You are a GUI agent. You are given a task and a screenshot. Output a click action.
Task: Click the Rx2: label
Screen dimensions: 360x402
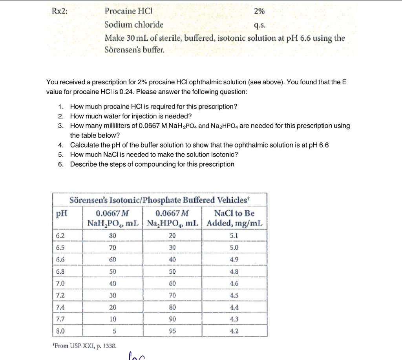pyautogui.click(x=60, y=11)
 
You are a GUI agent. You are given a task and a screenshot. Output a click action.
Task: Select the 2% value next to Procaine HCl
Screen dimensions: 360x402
pyautogui.click(x=259, y=11)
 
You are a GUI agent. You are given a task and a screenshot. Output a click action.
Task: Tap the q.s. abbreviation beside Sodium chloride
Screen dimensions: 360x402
pyautogui.click(x=259, y=26)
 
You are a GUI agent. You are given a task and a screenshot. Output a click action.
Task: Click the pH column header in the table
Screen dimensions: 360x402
pyautogui.click(x=61, y=213)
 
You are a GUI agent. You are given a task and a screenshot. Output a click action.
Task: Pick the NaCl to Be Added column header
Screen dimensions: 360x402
pyautogui.click(x=234, y=218)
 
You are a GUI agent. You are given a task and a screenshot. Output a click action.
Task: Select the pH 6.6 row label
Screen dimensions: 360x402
pyautogui.click(x=60, y=260)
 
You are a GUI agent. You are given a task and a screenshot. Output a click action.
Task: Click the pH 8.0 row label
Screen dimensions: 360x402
pyautogui.click(x=60, y=331)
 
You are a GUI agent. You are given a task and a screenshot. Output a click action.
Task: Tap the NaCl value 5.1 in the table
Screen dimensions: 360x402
pyautogui.click(x=234, y=236)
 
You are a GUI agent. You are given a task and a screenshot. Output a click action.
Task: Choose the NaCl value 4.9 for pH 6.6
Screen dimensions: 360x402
pyautogui.click(x=234, y=260)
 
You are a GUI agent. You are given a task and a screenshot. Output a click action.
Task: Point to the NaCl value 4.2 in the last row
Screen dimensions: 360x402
pyautogui.click(x=234, y=331)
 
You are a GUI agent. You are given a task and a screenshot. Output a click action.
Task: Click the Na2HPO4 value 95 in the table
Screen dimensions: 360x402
pyautogui.click(x=172, y=331)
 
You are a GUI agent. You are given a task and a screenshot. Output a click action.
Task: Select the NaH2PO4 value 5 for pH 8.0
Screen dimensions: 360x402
pyautogui.click(x=113, y=331)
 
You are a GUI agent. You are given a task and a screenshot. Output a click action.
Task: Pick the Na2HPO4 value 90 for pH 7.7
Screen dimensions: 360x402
pyautogui.click(x=172, y=319)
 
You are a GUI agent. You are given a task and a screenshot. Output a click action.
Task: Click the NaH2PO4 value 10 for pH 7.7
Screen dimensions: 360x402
pyautogui.click(x=113, y=319)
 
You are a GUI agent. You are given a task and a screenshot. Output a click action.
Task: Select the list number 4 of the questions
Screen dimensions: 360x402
pyautogui.click(x=60, y=145)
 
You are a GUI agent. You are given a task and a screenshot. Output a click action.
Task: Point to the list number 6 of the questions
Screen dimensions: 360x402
pyautogui.click(x=60, y=164)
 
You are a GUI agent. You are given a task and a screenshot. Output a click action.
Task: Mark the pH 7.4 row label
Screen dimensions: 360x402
pyautogui.click(x=60, y=307)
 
